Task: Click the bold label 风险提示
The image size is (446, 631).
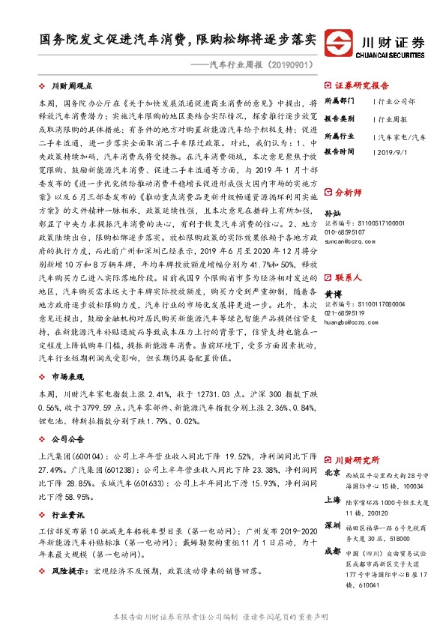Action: point(67,570)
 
